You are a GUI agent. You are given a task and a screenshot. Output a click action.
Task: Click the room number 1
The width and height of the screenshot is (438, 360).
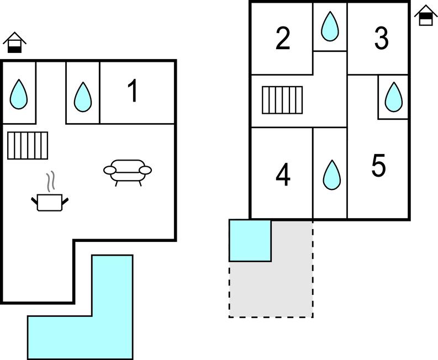click(x=133, y=91)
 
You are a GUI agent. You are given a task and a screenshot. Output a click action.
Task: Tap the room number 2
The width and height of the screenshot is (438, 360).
click(x=283, y=39)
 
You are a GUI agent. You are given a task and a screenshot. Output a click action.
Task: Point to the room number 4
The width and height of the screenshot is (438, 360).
click(x=283, y=176)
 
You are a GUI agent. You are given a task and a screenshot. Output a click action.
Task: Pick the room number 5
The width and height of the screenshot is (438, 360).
click(x=378, y=166)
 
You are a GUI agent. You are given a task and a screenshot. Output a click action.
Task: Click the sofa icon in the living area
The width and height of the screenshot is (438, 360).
click(x=128, y=172)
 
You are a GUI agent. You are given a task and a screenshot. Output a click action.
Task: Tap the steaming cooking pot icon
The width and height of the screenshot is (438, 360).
click(x=50, y=202)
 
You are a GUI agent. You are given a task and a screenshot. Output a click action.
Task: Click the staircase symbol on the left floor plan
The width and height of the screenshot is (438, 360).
click(x=28, y=145)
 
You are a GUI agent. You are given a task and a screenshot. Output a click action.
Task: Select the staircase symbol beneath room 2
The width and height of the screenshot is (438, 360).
click(x=282, y=99)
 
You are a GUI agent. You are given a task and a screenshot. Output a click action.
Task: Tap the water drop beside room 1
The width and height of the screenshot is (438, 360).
click(x=83, y=97)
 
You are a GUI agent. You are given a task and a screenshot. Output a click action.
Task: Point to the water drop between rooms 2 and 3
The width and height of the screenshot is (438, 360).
click(x=330, y=26)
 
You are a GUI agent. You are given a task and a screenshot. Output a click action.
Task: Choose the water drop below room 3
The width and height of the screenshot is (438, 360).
click(x=393, y=97)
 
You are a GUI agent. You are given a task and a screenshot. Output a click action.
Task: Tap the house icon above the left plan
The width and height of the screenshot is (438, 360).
click(x=15, y=43)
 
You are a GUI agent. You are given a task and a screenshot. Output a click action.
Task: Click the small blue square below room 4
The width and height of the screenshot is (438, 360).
click(x=250, y=240)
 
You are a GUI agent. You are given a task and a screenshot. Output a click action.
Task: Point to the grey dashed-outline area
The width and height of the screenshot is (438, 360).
click(x=287, y=287)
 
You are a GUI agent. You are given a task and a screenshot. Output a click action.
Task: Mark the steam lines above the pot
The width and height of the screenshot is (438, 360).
click(x=50, y=180)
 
